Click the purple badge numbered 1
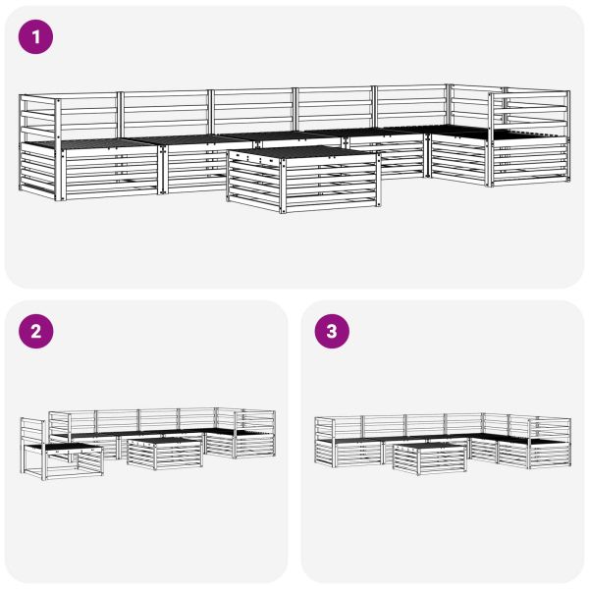click(36, 38)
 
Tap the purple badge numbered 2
click(36, 331)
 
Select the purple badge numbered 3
click(331, 331)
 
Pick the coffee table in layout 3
click(430, 455)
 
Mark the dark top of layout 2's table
click(164, 443)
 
